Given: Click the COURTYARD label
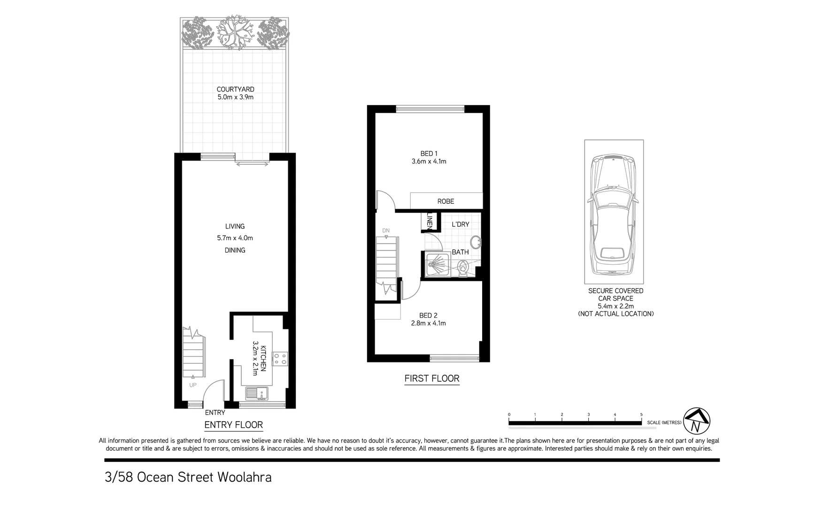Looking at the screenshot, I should (x=235, y=89).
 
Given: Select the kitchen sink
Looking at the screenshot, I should (x=256, y=392).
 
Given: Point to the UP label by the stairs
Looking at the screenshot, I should (x=192, y=385).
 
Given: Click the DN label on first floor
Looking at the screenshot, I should (x=386, y=230).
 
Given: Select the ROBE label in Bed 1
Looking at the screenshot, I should (x=446, y=201).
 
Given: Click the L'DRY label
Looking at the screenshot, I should (x=460, y=224).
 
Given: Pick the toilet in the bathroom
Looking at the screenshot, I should (x=463, y=269).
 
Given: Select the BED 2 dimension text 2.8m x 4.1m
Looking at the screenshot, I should (x=428, y=323).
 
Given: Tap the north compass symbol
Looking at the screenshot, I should (x=697, y=421).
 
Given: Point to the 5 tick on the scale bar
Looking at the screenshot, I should (x=641, y=415).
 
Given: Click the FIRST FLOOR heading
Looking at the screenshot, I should (x=432, y=378).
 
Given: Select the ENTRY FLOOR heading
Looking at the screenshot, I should (x=234, y=425).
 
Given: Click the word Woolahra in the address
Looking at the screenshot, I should (x=244, y=477).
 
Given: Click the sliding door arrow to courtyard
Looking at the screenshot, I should (x=253, y=164).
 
